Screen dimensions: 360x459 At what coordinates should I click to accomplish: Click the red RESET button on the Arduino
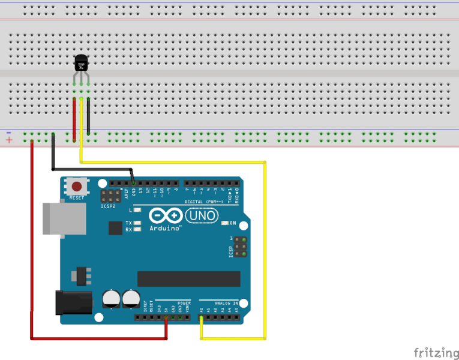pyautogui.click(x=76, y=187)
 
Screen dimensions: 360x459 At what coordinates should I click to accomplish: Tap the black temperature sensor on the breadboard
pyautogui.click(x=82, y=63)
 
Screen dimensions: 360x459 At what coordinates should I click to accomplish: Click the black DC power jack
pyautogui.click(x=75, y=302)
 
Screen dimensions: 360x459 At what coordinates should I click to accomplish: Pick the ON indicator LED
pyautogui.click(x=224, y=223)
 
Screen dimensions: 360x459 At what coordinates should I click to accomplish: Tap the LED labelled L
pyautogui.click(x=138, y=210)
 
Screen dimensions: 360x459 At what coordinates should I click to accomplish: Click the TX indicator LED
pyautogui.click(x=138, y=223)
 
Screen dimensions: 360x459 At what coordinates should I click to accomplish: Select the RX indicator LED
pyautogui.click(x=138, y=229)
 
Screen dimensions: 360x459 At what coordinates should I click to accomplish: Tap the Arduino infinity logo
pyautogui.click(x=166, y=215)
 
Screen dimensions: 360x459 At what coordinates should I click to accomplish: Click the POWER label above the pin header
pyautogui.click(x=184, y=304)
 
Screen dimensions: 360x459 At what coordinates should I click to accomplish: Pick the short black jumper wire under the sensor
pyautogui.click(x=89, y=116)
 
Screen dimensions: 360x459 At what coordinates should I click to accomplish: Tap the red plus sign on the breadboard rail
pyautogui.click(x=9, y=140)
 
